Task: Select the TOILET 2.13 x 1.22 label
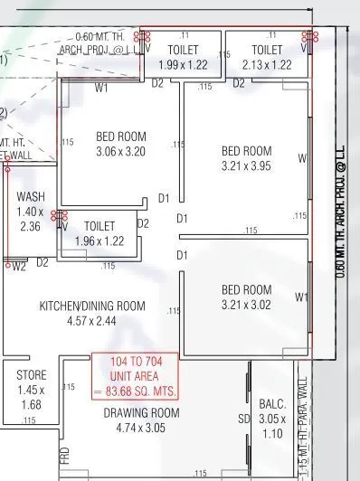coord(267,57)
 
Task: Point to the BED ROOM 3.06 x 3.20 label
coord(120,145)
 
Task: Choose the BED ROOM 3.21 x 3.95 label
coord(247,158)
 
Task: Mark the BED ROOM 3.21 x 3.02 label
coord(247,297)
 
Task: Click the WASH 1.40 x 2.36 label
coord(29,211)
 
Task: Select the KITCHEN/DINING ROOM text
coord(91,307)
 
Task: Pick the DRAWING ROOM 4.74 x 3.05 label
coord(140,420)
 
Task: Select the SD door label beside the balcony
coord(243,420)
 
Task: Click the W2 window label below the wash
coord(19,266)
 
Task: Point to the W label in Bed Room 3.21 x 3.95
coord(302,158)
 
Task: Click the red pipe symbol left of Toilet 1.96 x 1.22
coord(61,217)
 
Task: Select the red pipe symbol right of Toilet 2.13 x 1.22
coord(313,37)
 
